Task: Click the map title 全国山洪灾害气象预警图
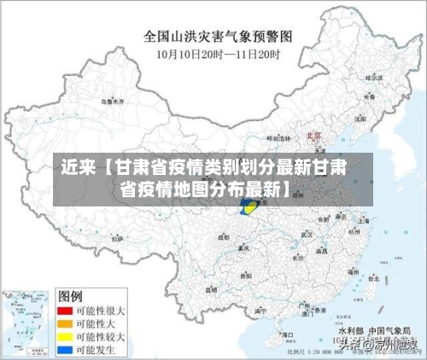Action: (x=218, y=37)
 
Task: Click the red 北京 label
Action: (x=313, y=135)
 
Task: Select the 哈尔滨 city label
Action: (x=372, y=78)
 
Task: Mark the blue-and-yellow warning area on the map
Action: (x=250, y=206)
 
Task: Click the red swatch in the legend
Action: (x=63, y=311)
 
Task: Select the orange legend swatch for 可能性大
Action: (x=63, y=323)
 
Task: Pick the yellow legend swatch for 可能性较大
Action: (x=63, y=336)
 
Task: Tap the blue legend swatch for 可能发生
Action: (x=63, y=349)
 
